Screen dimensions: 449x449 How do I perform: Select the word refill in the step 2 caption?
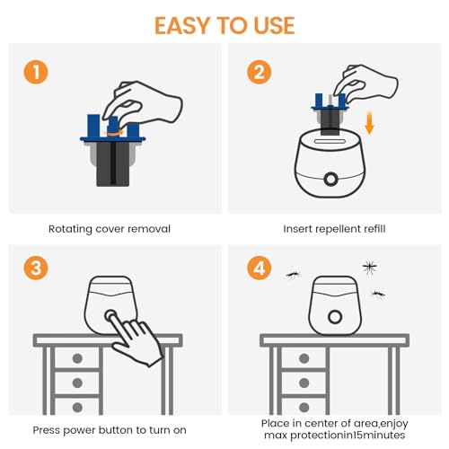tap(366, 230)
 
